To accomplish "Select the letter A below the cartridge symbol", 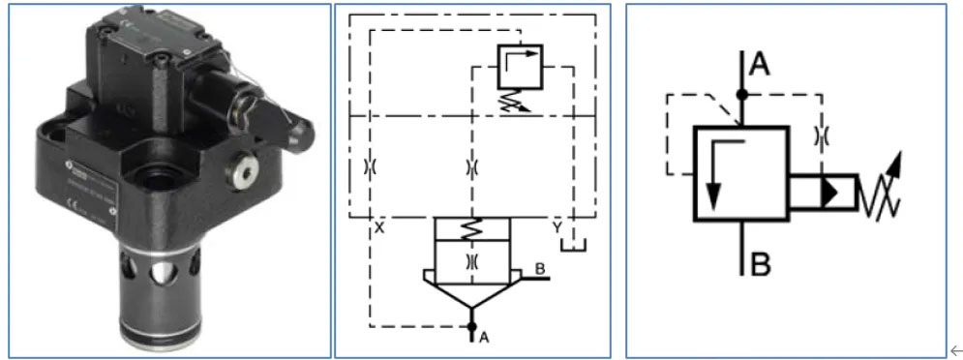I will [484, 338].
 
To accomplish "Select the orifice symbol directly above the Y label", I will [471, 166].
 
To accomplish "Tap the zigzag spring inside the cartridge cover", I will [471, 228].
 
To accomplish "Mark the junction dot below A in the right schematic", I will [740, 95].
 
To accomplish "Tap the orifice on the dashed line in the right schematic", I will [822, 137].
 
